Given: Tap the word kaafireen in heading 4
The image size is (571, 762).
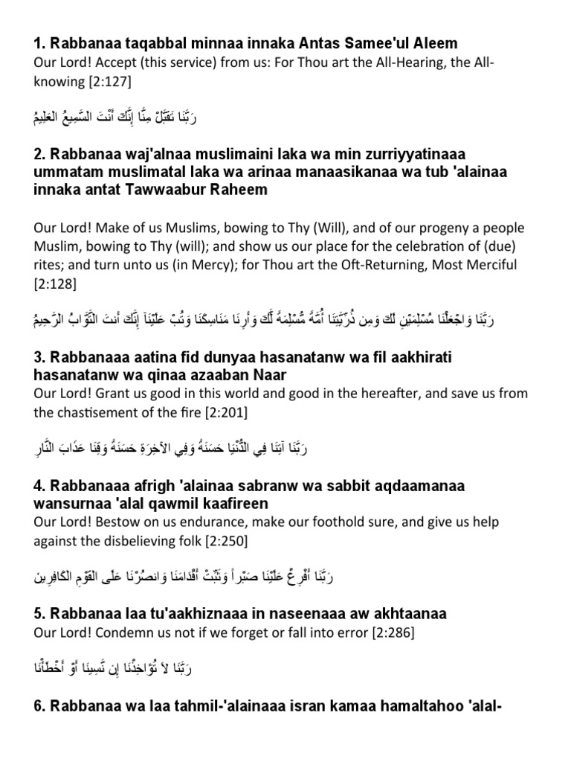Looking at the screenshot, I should [224, 503].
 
